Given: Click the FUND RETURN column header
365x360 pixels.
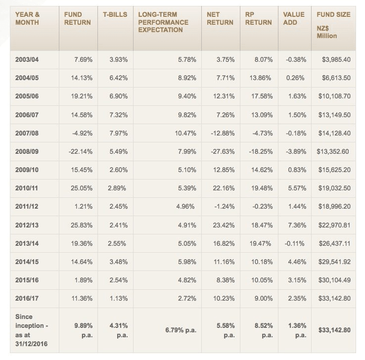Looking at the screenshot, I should point(77,18).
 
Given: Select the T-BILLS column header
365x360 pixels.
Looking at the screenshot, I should point(115,15).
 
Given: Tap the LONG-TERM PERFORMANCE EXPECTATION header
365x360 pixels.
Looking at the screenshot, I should point(163,22).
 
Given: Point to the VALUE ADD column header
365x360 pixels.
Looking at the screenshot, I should point(293,18).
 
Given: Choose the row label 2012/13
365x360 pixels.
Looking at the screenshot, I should point(27,225).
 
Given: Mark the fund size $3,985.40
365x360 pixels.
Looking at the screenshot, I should point(336,59).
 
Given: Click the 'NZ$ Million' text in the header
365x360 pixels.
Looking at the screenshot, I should point(327,32).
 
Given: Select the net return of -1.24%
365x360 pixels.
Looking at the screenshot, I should point(224,207).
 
